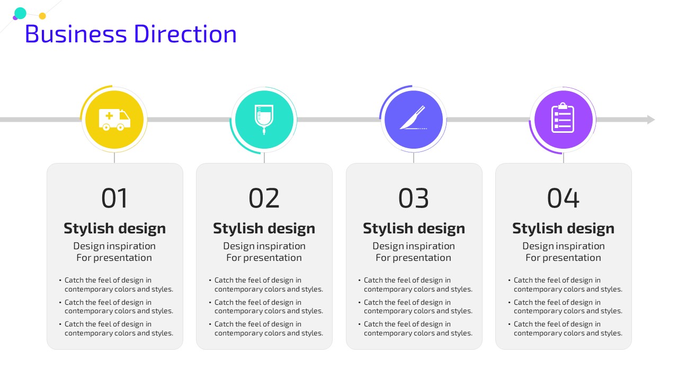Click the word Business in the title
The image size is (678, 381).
pyautogui.click(x=76, y=34)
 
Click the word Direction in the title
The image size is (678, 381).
pyautogui.click(x=185, y=34)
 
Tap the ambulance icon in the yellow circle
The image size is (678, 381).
pyautogui.click(x=114, y=120)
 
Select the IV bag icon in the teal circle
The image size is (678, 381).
pyautogui.click(x=264, y=120)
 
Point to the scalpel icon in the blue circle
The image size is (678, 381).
pyautogui.click(x=413, y=117)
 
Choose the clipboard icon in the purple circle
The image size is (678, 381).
pyautogui.click(x=563, y=117)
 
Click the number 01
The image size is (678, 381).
pyautogui.click(x=114, y=198)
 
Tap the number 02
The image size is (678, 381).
pyautogui.click(x=264, y=198)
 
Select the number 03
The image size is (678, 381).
pyautogui.click(x=414, y=198)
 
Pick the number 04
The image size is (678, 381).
pyautogui.click(x=563, y=198)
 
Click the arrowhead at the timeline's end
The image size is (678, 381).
pyautogui.click(x=651, y=120)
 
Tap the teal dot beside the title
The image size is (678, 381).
pyautogui.click(x=20, y=13)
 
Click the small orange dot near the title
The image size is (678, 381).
pyautogui.click(x=42, y=16)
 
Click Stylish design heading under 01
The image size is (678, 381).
pyautogui.click(x=115, y=228)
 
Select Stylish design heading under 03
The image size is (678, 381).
pyautogui.click(x=414, y=228)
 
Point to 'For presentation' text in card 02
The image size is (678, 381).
pyautogui.click(x=264, y=258)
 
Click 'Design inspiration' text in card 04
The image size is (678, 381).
pyautogui.click(x=563, y=246)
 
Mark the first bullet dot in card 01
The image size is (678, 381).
pyautogui.click(x=60, y=280)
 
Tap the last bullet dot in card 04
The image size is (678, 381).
pyautogui.click(x=510, y=324)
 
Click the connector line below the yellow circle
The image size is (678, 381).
pyautogui.click(x=114, y=158)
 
